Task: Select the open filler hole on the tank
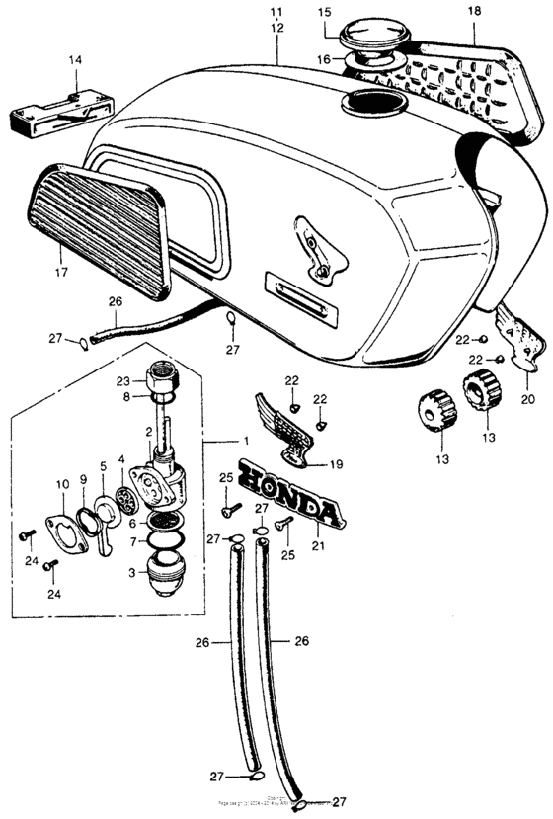[x=372, y=101]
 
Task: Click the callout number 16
[x=324, y=59]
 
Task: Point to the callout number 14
[x=75, y=59]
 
